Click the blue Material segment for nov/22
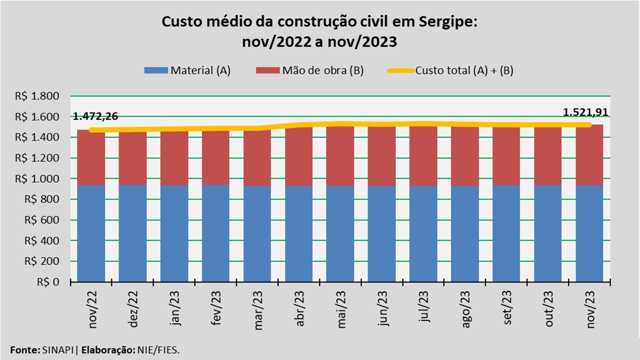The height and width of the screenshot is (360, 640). coord(91,233)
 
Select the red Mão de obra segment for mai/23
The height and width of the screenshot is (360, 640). coord(340,156)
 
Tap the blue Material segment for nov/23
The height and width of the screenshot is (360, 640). coord(589,233)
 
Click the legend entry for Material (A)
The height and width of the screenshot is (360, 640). coord(187,70)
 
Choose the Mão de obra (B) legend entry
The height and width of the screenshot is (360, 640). coord(310,70)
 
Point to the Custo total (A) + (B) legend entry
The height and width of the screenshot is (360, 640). coord(450,70)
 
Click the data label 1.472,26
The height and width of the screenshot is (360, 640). coord(95,117)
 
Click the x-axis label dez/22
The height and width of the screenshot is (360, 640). coord(133,309)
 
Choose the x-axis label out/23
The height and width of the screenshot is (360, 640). coord(548,309)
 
